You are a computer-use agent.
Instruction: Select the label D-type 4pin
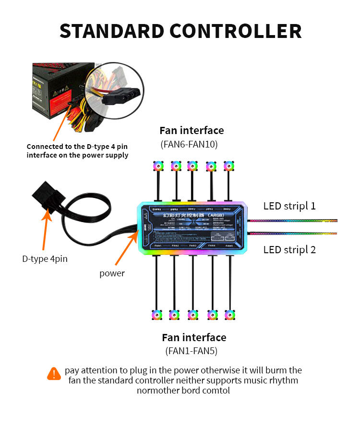pyautogui.click(x=45, y=259)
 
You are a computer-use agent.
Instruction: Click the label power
pyautogui.click(x=112, y=273)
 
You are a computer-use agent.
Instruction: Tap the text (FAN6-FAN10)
pyautogui.click(x=192, y=144)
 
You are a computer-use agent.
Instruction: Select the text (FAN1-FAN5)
pyautogui.click(x=192, y=351)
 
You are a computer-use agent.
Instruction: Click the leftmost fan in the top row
pyautogui.click(x=157, y=166)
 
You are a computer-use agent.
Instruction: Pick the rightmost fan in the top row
pyautogui.click(x=228, y=166)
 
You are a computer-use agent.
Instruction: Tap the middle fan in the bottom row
pyautogui.click(x=193, y=315)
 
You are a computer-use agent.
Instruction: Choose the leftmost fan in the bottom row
pyautogui.click(x=157, y=315)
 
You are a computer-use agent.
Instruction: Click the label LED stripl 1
pyautogui.click(x=289, y=206)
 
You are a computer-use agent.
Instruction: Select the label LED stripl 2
pyautogui.click(x=289, y=250)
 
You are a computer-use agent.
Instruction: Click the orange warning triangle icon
pyautogui.click(x=54, y=373)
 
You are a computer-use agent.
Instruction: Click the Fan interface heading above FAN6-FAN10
pyautogui.click(x=192, y=130)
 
